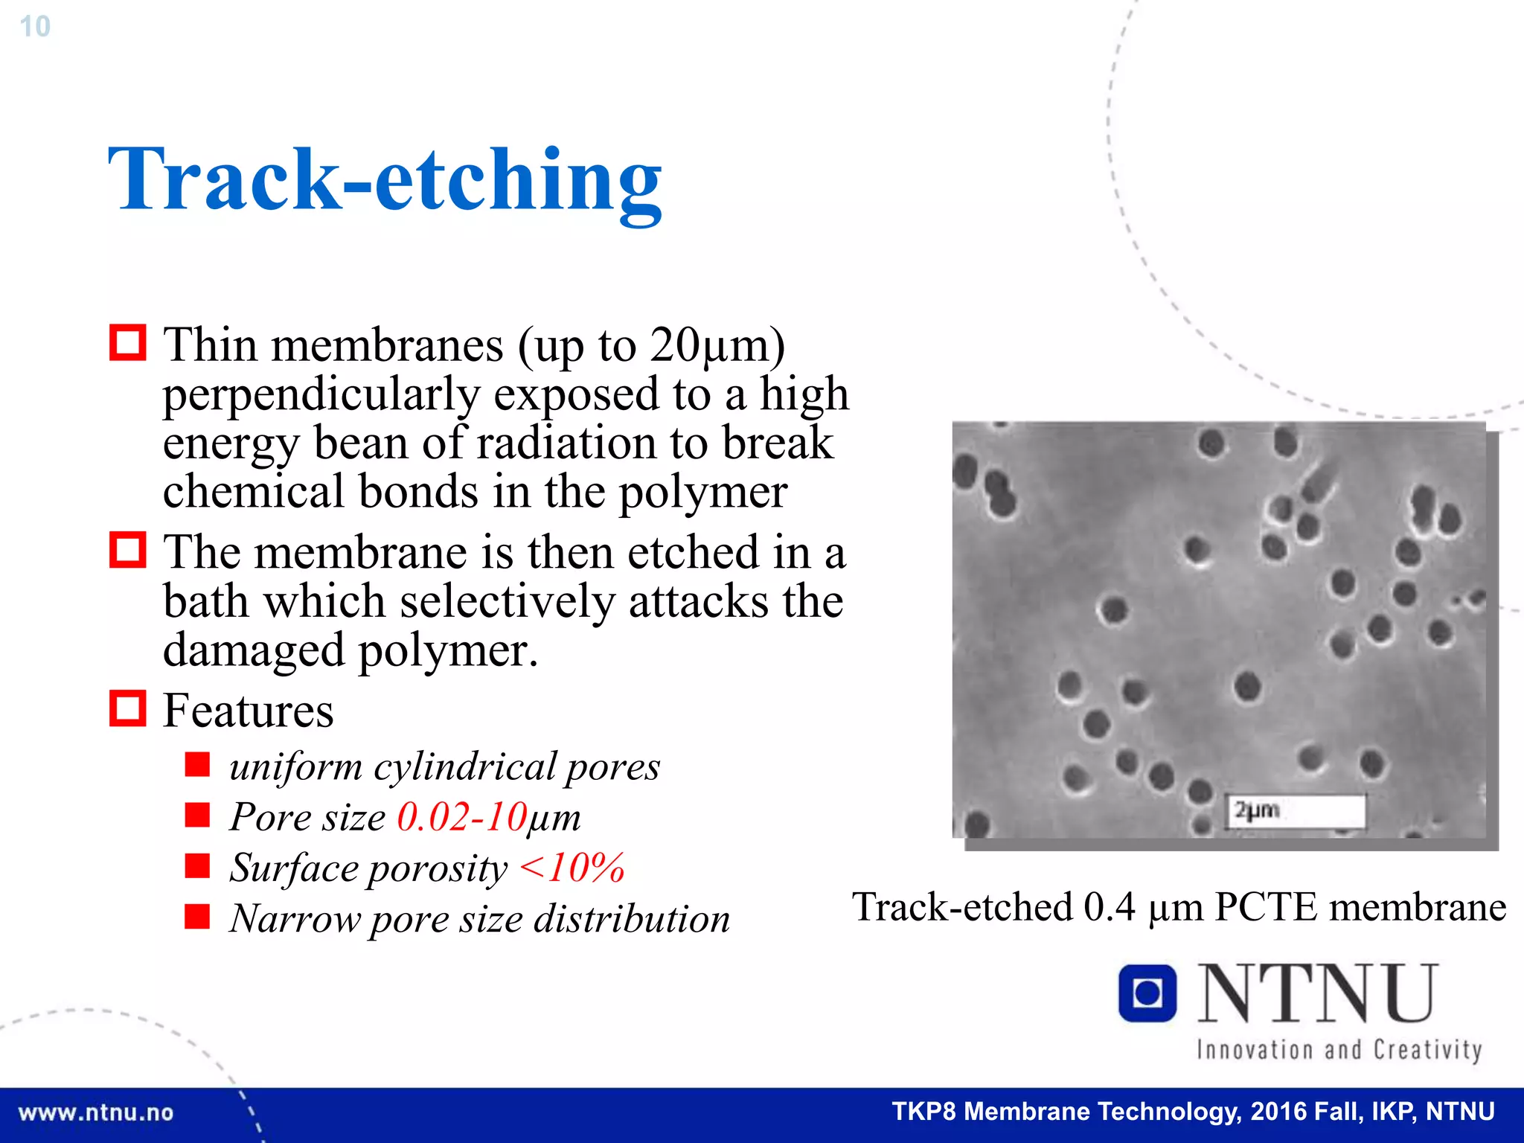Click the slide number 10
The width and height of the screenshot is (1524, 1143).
(34, 27)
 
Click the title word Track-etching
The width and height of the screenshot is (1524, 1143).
(385, 180)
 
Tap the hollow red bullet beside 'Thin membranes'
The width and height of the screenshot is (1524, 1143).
(127, 343)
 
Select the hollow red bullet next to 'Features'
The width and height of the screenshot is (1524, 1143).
(127, 708)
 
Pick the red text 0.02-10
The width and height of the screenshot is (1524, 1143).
(461, 817)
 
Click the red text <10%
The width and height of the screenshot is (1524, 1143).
(571, 868)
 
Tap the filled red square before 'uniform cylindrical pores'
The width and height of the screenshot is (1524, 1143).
(197, 764)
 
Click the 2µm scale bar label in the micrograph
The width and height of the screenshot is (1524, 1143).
(1258, 810)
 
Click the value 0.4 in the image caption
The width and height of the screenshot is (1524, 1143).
(1109, 907)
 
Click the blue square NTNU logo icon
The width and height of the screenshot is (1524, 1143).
(1147, 993)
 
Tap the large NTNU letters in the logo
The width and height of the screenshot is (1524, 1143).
(1317, 993)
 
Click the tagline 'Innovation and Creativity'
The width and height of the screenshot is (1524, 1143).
(1339, 1050)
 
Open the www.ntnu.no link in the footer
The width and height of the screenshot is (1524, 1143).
(95, 1112)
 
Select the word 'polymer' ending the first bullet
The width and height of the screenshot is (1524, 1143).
(702, 492)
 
